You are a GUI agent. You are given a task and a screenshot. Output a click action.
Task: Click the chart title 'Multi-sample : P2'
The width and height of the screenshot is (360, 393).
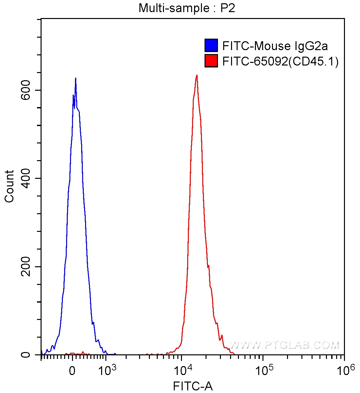pos(187,8)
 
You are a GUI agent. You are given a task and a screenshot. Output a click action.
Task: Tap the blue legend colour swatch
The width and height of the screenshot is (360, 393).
pos(211,46)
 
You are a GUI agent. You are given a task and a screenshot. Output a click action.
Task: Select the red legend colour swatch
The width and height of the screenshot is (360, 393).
pos(211,61)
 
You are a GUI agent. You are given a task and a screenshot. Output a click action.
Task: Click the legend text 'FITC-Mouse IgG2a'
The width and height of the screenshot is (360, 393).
pos(275,46)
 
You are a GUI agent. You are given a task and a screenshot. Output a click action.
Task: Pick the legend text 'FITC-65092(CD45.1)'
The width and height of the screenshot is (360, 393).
pos(280,61)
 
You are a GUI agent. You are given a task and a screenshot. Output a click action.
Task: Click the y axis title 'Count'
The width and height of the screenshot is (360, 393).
pos(9,186)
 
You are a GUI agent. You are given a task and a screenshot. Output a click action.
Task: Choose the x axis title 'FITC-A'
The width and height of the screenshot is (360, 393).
pos(193,386)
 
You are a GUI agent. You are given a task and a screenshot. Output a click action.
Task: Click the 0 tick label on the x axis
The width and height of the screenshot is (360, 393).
pos(73,371)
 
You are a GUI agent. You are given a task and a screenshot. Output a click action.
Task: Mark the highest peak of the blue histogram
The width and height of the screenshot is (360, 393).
pos(76,78)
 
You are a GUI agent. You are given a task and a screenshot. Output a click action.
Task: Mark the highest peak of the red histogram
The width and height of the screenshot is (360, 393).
pos(197,75)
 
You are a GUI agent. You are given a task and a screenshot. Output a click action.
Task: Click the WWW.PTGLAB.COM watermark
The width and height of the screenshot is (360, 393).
pos(284,345)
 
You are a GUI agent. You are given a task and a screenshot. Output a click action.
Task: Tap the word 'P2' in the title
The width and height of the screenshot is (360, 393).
pos(227,8)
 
